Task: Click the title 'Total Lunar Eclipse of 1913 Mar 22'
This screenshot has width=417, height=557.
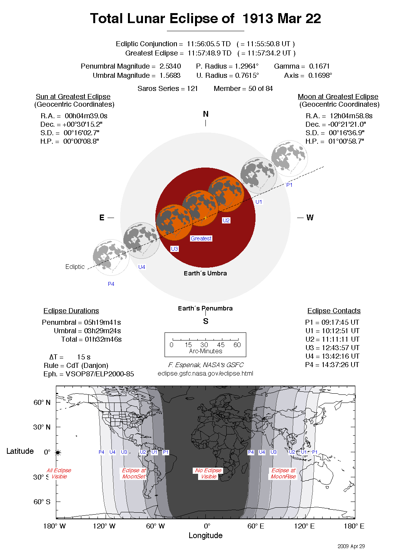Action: [x=205, y=18]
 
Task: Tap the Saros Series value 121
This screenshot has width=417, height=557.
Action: [x=192, y=89]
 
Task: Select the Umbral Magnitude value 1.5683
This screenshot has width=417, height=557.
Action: [x=170, y=75]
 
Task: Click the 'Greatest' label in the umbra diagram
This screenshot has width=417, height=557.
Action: [x=201, y=238]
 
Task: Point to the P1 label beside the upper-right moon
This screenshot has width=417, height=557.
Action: [x=289, y=185]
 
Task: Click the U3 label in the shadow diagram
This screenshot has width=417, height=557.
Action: [x=175, y=249]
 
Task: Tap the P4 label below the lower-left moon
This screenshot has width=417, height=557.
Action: [x=111, y=284]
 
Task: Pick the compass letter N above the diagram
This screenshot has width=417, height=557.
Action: [x=205, y=114]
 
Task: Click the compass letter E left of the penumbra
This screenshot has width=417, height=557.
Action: [x=102, y=218]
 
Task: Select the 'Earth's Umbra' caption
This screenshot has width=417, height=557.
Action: [x=205, y=273]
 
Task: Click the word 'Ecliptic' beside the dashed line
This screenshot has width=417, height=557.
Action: [x=75, y=267]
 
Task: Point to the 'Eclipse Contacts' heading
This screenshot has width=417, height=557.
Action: [x=334, y=311]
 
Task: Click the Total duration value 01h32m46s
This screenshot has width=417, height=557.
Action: [x=103, y=339]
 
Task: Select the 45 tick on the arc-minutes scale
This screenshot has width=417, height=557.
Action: [x=221, y=345]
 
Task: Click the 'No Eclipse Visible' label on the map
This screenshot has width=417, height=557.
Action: [x=208, y=473]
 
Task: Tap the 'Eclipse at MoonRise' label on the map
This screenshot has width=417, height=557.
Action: [x=283, y=473]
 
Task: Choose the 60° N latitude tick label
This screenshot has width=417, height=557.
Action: [x=42, y=403]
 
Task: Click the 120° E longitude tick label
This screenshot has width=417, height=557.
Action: [x=304, y=526]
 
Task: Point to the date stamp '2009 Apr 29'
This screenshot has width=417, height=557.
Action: [x=351, y=546]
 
